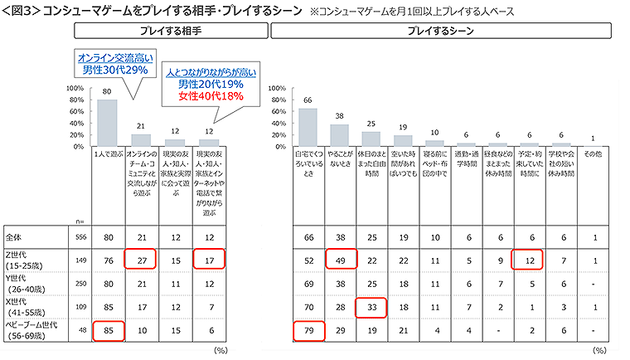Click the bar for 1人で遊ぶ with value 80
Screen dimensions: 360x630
[x=107, y=123]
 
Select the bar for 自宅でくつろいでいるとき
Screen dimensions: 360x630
[x=308, y=127]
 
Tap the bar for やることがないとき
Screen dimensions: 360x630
[x=339, y=135]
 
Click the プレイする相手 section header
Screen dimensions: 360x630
[x=172, y=31]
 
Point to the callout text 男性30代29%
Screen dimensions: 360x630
[x=114, y=71]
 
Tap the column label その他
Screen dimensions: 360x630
[x=592, y=154]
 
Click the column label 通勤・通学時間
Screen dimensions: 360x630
[x=466, y=158]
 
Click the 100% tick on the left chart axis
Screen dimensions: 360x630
[x=72, y=88]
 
